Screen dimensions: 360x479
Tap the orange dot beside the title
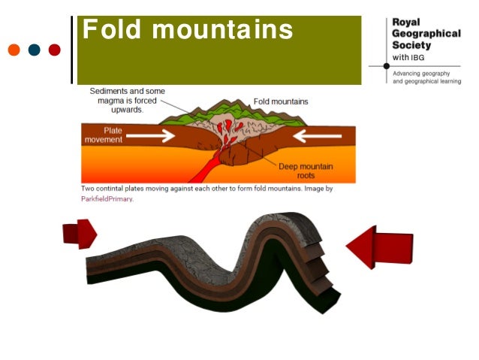coord(14,50)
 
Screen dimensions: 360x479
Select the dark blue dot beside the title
coord(34,50)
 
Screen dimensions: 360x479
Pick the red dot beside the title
coord(54,50)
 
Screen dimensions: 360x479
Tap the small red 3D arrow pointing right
coord(80,233)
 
